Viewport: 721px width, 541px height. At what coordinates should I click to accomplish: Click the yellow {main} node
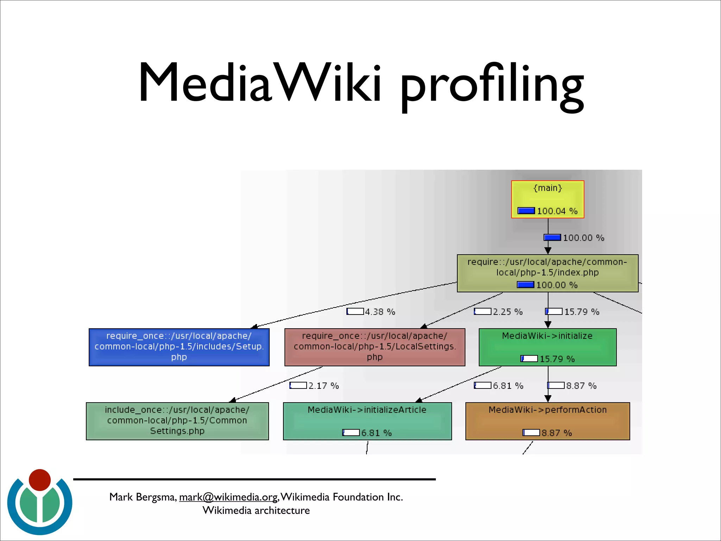[547, 199]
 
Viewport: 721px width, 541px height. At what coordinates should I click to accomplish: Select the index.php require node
[547, 273]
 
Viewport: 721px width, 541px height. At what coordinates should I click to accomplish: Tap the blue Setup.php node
[179, 347]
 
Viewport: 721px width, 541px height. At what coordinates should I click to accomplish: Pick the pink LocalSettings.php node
[375, 347]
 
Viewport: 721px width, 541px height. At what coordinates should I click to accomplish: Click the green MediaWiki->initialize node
[547, 347]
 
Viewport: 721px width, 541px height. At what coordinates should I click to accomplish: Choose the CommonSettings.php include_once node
[177, 421]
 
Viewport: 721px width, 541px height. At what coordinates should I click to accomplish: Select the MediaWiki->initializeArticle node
[367, 421]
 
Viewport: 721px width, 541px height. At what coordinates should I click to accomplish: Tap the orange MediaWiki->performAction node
[547, 421]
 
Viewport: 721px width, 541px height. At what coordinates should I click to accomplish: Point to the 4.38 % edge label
[380, 312]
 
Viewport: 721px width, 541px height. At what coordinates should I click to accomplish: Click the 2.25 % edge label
[507, 312]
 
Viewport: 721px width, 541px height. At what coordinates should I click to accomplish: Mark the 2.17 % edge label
[323, 386]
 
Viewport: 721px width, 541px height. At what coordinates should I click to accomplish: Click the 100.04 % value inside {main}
[557, 211]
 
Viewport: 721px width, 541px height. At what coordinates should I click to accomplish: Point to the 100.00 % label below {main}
[583, 238]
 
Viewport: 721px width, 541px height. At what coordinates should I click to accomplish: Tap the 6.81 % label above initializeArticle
[508, 386]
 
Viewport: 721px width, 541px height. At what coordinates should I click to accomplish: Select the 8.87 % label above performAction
[581, 386]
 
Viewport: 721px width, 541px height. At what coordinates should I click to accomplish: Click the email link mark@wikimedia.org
[228, 497]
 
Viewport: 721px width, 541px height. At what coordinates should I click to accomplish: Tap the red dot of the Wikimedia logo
[40, 480]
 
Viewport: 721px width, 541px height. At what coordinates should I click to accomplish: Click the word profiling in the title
[491, 85]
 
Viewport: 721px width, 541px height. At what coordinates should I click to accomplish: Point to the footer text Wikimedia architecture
[256, 510]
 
